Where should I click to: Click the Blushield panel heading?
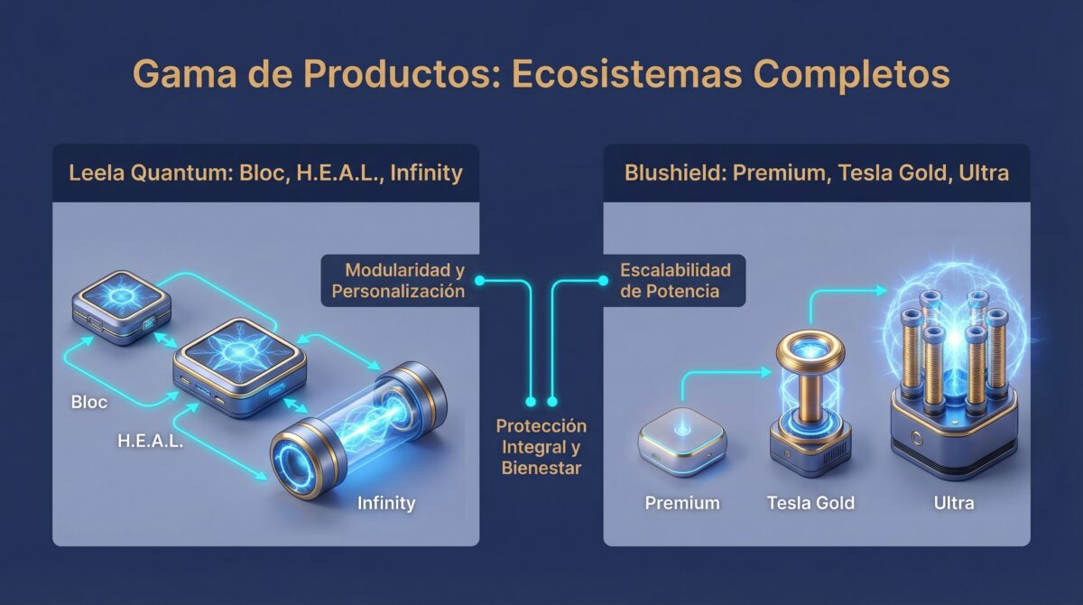[816, 172]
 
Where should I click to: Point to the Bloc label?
[88, 402]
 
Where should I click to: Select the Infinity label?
[386, 503]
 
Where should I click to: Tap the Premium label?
[682, 503]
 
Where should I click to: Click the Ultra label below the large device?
[953, 503]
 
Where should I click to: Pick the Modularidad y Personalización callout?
[398, 280]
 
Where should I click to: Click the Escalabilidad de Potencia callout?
[675, 280]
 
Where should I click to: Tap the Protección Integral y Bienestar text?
[541, 447]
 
